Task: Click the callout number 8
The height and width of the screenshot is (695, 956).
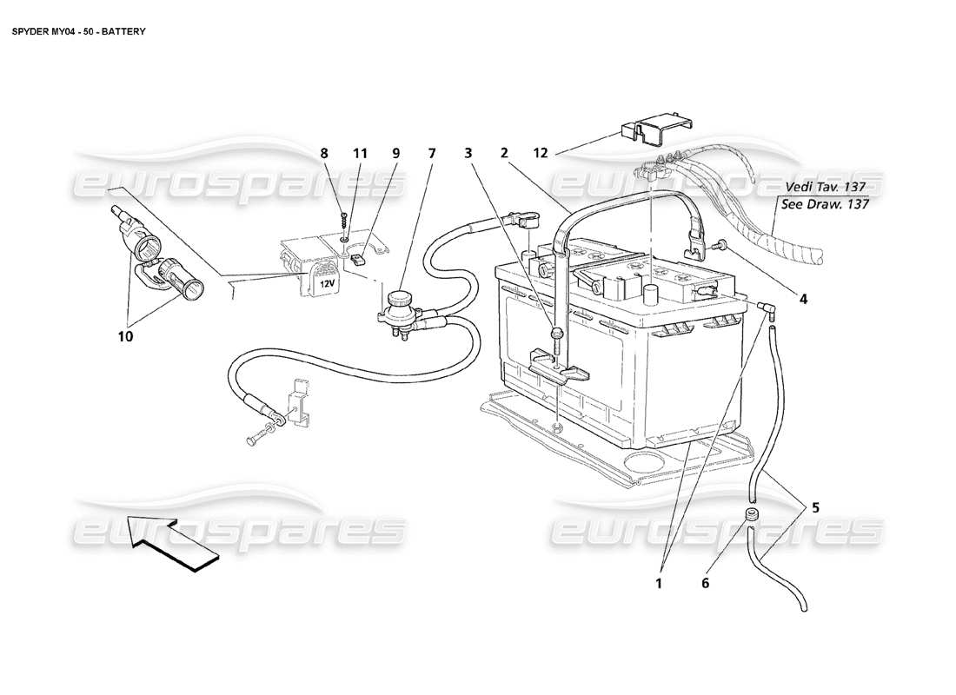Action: (325, 154)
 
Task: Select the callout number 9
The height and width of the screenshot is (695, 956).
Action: (395, 154)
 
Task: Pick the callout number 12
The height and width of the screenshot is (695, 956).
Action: (541, 154)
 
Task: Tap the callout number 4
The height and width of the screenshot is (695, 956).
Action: (803, 299)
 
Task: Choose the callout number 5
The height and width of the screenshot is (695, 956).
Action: (815, 509)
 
